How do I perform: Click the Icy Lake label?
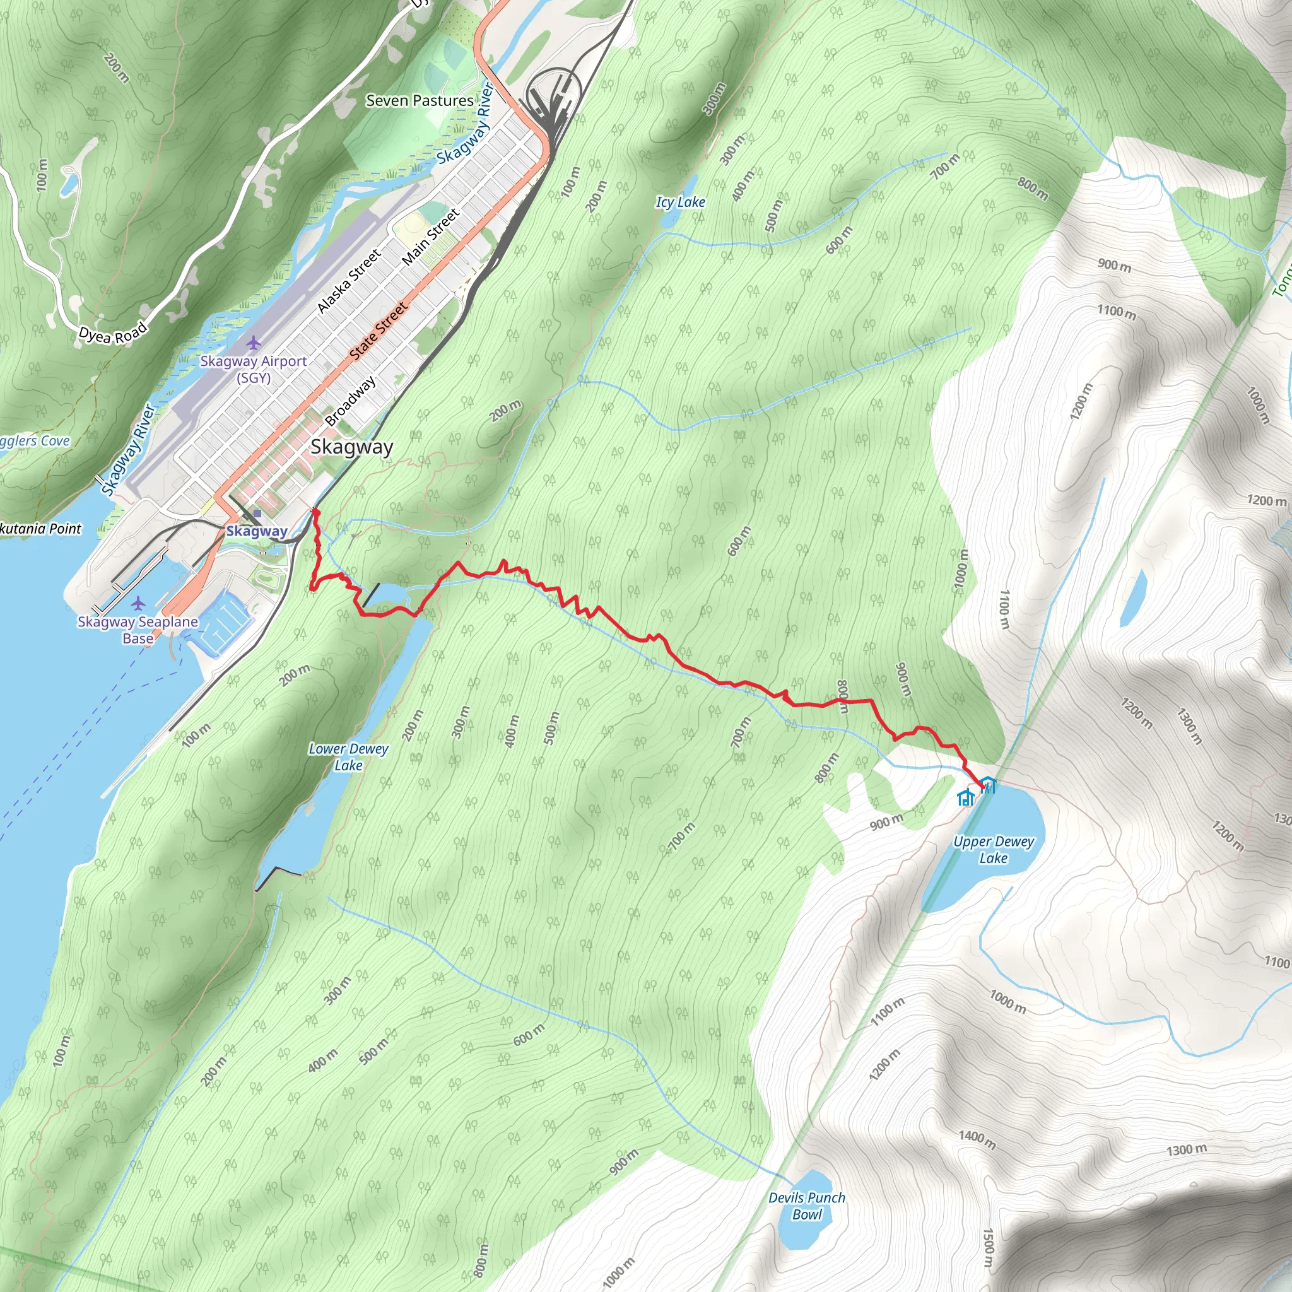click(680, 202)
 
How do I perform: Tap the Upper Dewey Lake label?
click(993, 849)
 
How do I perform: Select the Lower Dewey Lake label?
click(348, 757)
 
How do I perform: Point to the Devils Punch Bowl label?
click(806, 1206)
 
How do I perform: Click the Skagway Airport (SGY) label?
click(254, 369)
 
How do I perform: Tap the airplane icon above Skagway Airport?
click(254, 343)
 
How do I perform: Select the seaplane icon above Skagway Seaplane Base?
click(138, 604)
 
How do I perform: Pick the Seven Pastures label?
click(420, 101)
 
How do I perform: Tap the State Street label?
click(378, 331)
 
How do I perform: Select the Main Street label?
click(431, 237)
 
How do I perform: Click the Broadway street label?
click(349, 401)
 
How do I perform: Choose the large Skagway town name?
click(352, 447)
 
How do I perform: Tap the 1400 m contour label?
click(977, 1139)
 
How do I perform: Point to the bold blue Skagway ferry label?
click(256, 532)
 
